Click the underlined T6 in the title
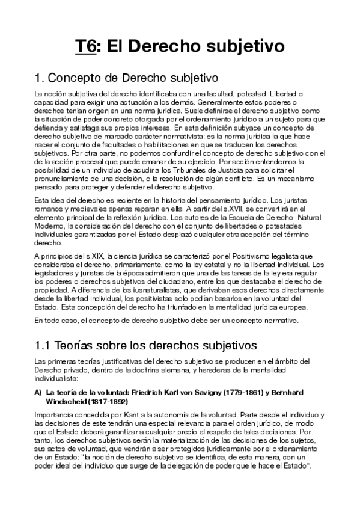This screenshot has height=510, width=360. tap(85, 46)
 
